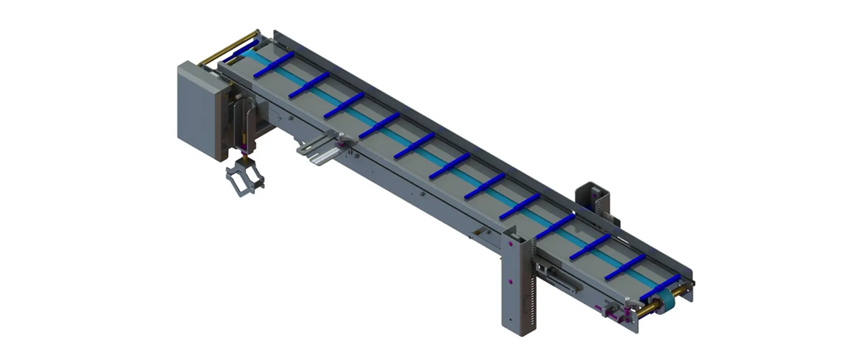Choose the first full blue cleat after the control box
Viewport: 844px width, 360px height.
(274, 65)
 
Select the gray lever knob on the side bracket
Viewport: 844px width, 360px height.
(342, 138)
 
